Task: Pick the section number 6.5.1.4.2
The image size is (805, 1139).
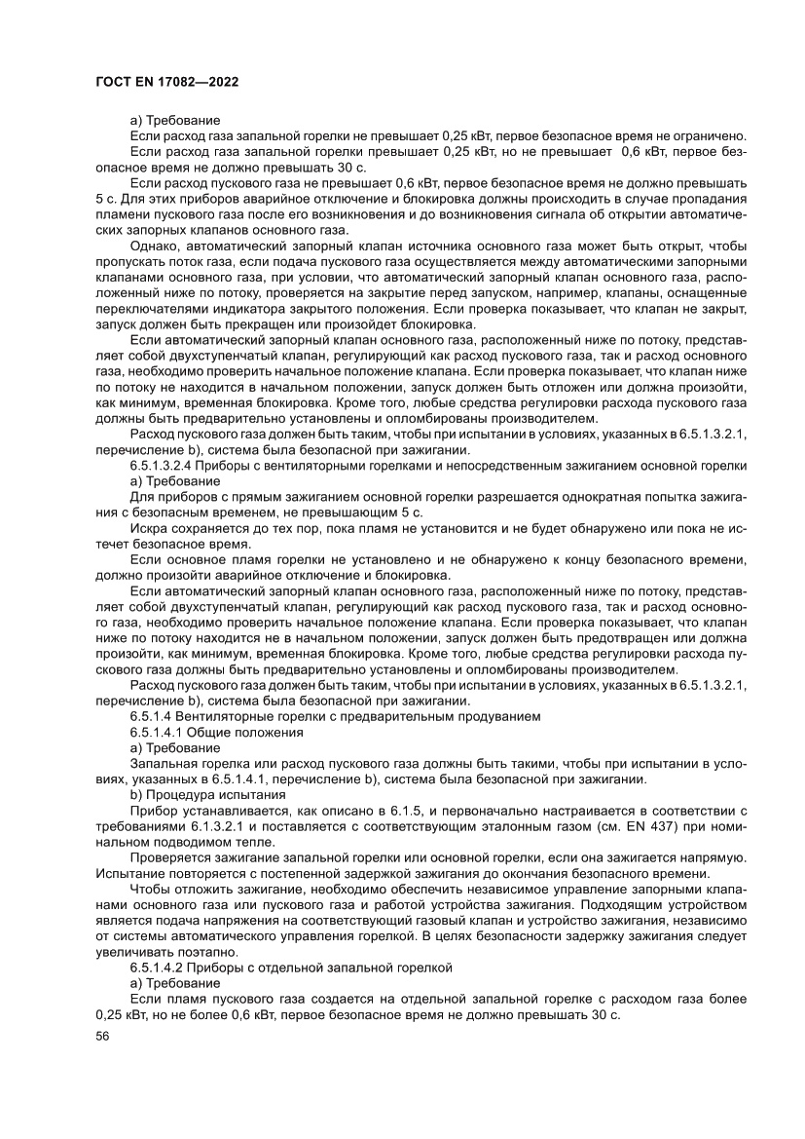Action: [x=163, y=968]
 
